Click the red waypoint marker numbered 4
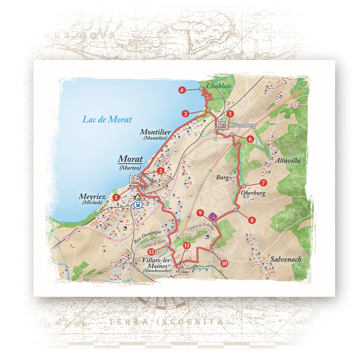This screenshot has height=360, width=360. (x=181, y=90)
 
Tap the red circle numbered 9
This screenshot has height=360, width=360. (x=200, y=213)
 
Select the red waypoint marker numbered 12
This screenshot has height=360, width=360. (x=151, y=251)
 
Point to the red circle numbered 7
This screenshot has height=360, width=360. (x=263, y=182)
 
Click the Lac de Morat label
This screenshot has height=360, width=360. (x=107, y=119)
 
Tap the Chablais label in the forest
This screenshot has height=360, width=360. (x=219, y=86)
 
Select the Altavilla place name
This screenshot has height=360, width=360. (x=287, y=161)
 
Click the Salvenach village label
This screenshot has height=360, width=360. (x=286, y=259)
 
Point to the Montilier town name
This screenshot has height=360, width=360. (x=155, y=132)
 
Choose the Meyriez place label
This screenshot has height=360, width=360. (x=92, y=197)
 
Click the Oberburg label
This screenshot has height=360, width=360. (x=253, y=193)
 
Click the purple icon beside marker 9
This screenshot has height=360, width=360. (x=212, y=216)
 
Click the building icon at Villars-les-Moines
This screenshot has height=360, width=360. (x=183, y=270)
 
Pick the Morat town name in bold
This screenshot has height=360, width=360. (x=130, y=159)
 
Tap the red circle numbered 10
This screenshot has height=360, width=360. (x=224, y=263)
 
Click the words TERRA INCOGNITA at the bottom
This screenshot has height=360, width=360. (x=166, y=322)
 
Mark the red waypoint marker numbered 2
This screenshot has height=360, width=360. (x=161, y=171)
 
